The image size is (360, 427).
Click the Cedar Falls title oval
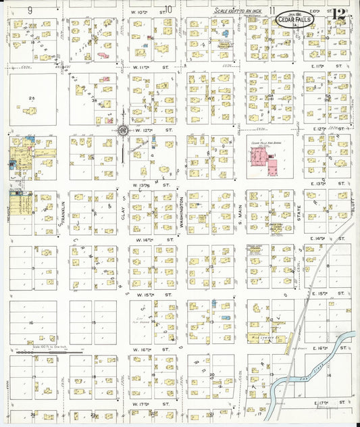click(294, 21)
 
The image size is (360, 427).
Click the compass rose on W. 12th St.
click(124, 129)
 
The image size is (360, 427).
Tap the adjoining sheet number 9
click(31, 10)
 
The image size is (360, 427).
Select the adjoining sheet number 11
click(272, 10)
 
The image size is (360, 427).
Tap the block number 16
click(31, 324)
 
